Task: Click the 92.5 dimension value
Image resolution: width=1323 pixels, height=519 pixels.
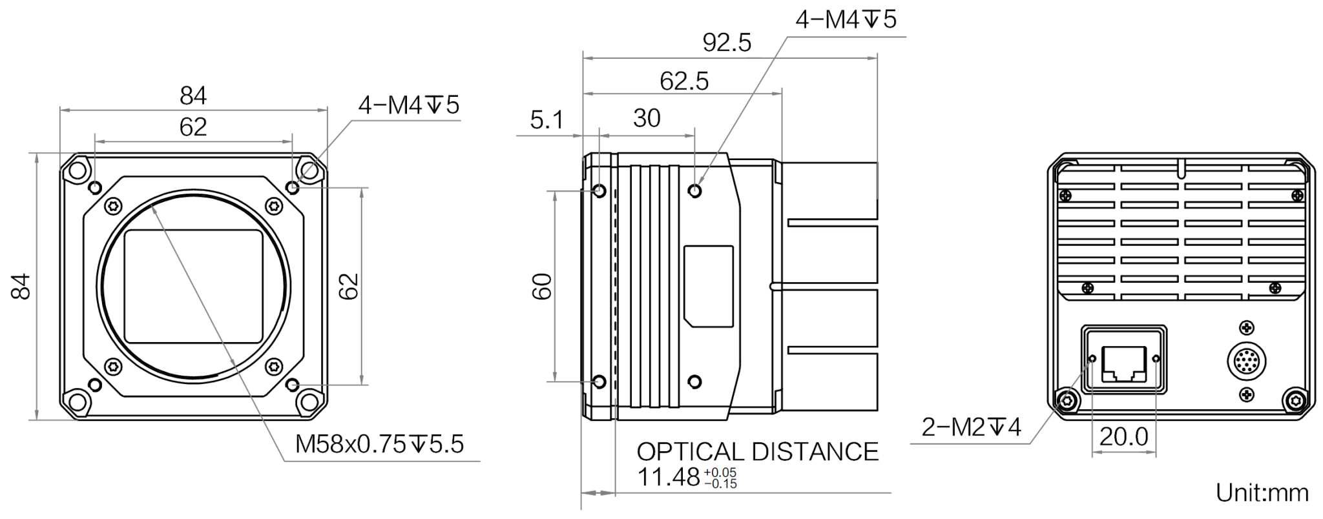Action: pyautogui.click(x=727, y=43)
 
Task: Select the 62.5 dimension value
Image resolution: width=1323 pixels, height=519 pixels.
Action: pyautogui.click(x=684, y=81)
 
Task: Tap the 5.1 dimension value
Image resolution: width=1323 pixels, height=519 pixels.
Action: pyautogui.click(x=547, y=120)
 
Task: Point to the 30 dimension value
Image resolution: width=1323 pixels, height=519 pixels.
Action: pyautogui.click(x=647, y=118)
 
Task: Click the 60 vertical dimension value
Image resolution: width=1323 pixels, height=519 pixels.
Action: pyautogui.click(x=542, y=287)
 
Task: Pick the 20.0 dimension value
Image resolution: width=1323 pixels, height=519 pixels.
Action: pyautogui.click(x=1124, y=437)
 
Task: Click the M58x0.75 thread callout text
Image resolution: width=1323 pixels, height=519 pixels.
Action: pyautogui.click(x=379, y=444)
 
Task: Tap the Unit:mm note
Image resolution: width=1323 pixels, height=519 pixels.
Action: pyautogui.click(x=1262, y=493)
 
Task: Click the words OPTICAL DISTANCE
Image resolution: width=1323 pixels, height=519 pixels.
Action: pyautogui.click(x=758, y=452)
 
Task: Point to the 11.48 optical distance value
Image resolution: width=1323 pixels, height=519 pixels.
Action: pyautogui.click(x=669, y=477)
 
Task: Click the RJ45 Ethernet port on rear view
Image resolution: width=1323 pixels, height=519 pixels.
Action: pyautogui.click(x=1124, y=364)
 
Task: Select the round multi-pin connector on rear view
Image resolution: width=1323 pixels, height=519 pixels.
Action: pyautogui.click(x=1246, y=361)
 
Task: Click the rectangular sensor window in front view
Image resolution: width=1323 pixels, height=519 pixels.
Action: pyautogui.click(x=193, y=287)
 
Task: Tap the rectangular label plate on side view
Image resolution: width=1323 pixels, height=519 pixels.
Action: pyautogui.click(x=709, y=286)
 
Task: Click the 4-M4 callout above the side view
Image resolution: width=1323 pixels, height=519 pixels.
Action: pyautogui.click(x=846, y=20)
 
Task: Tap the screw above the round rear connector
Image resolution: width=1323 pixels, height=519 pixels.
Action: pyautogui.click(x=1246, y=328)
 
